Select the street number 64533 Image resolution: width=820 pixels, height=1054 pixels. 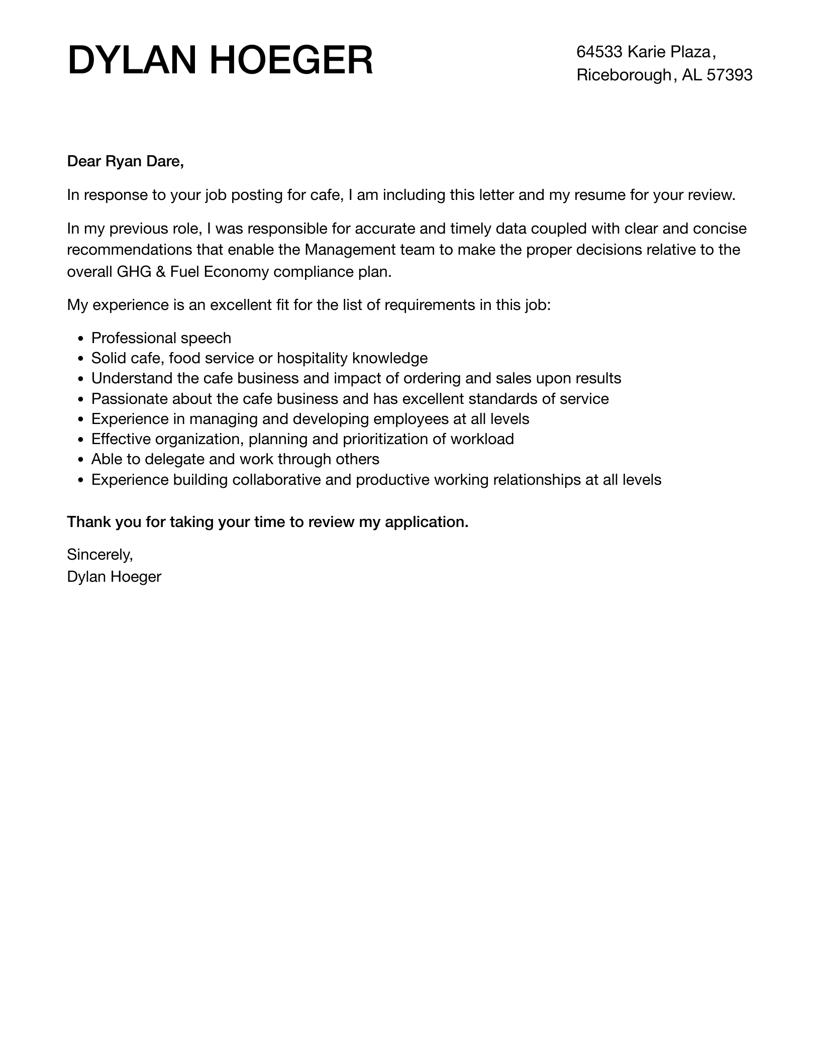coord(599,52)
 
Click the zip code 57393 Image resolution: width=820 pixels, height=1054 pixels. coord(730,75)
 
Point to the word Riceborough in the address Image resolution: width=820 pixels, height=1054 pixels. coord(624,75)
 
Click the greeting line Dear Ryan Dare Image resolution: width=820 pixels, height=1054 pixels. coord(126,161)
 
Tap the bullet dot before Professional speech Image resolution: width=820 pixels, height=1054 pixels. coord(81,339)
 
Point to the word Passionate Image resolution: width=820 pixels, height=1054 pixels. coord(129,399)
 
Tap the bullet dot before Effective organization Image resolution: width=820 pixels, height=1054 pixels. coord(81,440)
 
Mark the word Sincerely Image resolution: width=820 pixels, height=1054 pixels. coord(99,555)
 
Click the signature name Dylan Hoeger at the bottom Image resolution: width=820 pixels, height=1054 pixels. coord(114,577)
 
